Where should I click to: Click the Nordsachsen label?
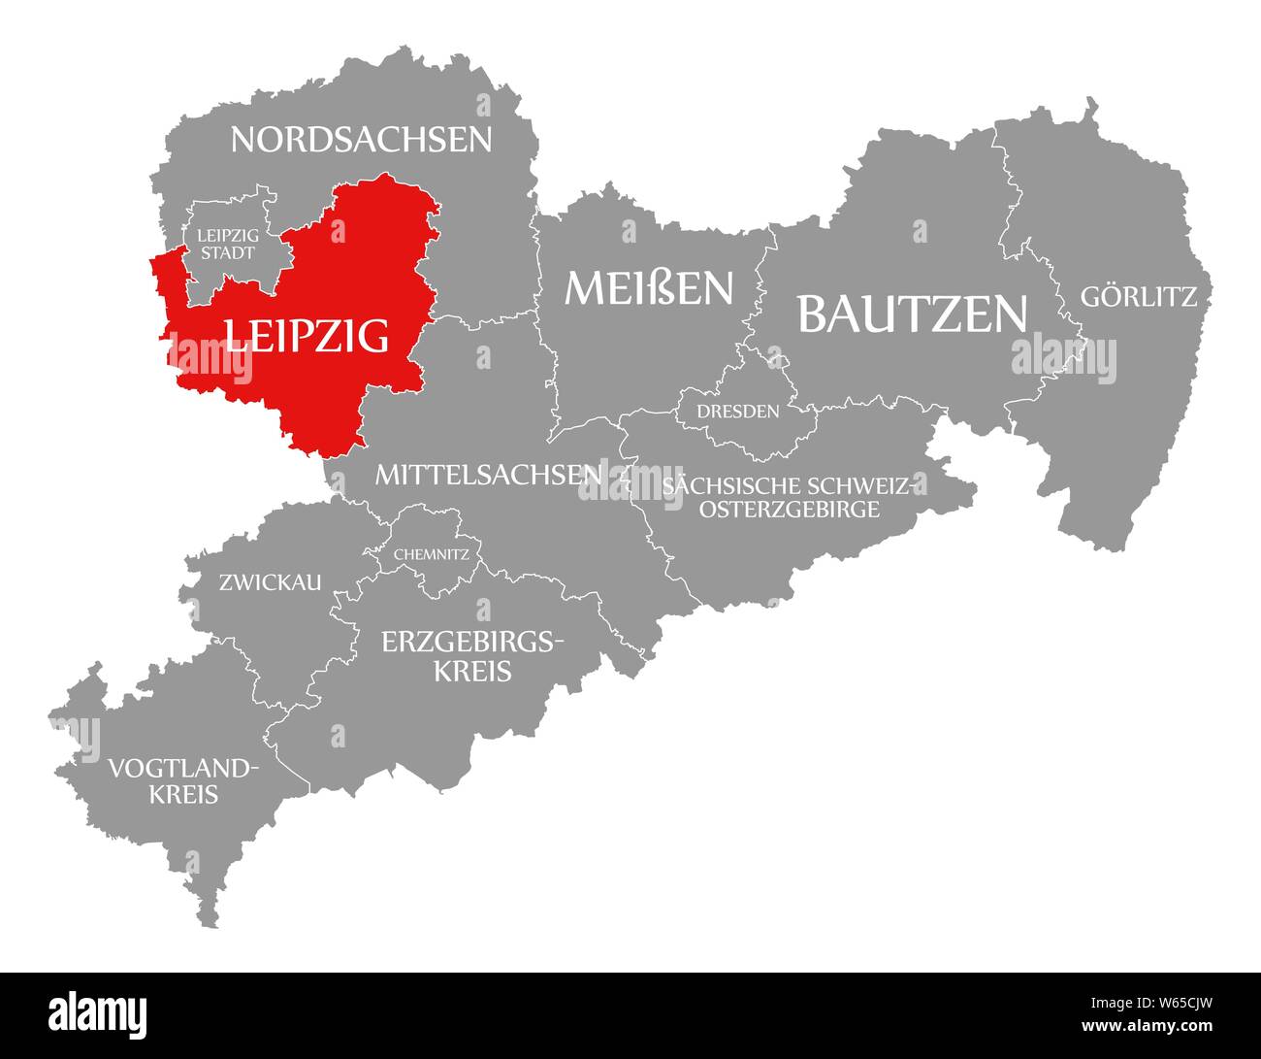361,140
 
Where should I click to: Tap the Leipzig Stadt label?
227,244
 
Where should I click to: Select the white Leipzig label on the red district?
307,335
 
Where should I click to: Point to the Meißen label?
649,288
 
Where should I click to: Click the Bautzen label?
912,313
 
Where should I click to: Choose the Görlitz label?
1139,297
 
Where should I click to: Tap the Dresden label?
738,412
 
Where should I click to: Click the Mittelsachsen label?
488,475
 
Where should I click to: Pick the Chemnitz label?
432,556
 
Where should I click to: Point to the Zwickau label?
270,582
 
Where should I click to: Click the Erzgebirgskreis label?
472,656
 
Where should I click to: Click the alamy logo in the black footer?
99,1011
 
